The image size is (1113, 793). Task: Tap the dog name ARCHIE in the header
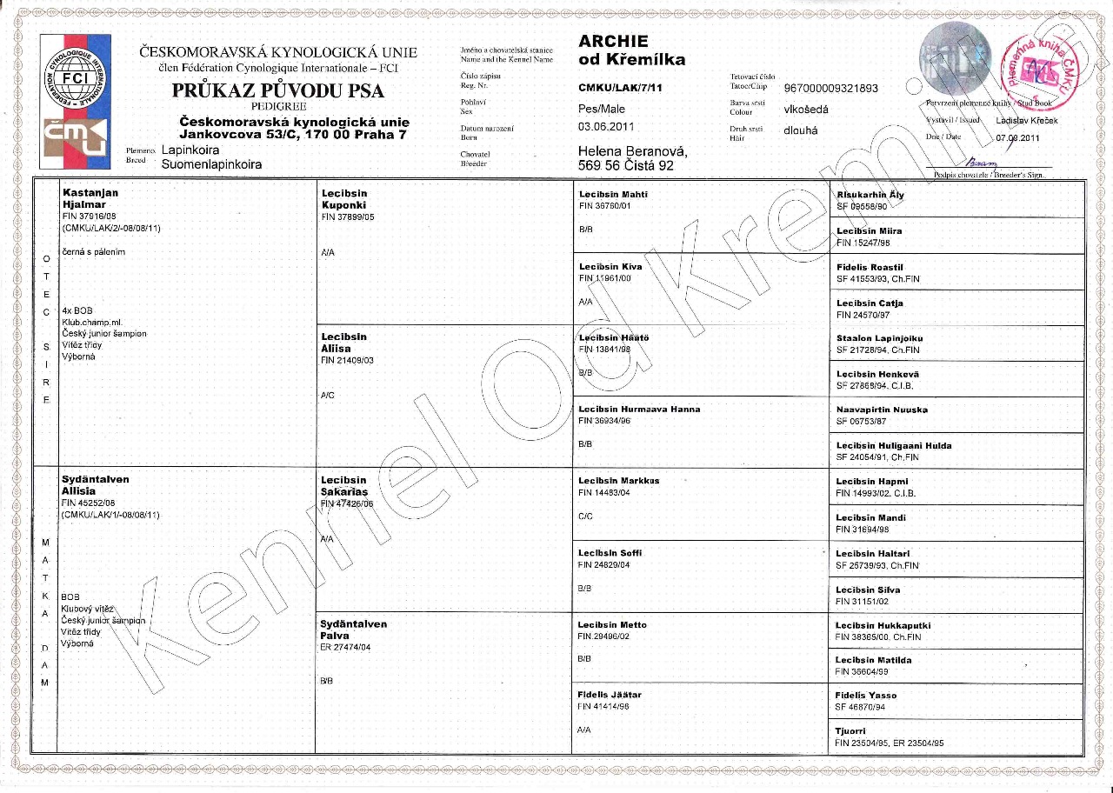pyautogui.click(x=613, y=42)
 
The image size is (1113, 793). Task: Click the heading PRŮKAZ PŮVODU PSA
pyautogui.click(x=278, y=90)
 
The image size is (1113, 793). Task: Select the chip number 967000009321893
pyautogui.click(x=831, y=89)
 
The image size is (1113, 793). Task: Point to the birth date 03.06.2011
pyautogui.click(x=608, y=128)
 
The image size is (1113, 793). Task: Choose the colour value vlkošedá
pyautogui.click(x=806, y=110)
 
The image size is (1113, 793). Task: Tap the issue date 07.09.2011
pyautogui.click(x=1018, y=137)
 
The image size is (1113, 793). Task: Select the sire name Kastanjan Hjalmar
pyautogui.click(x=90, y=198)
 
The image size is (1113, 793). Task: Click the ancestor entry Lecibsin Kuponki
pyautogui.click(x=344, y=199)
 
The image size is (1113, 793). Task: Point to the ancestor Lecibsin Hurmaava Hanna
pyautogui.click(x=638, y=409)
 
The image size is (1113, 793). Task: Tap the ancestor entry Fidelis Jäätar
pyautogui.click(x=610, y=695)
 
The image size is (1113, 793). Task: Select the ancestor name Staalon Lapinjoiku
pyautogui.click(x=879, y=338)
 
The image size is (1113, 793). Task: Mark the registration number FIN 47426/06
pyautogui.click(x=347, y=503)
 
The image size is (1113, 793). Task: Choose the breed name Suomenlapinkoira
pyautogui.click(x=206, y=163)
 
